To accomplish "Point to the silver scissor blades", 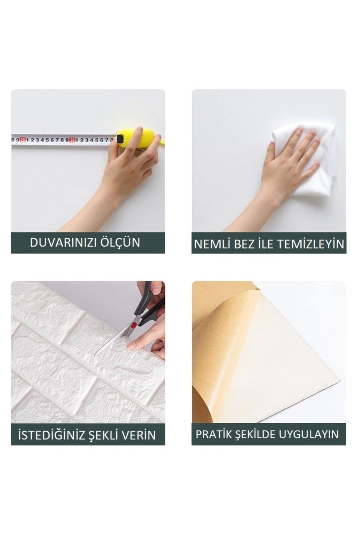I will tap(114, 339).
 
